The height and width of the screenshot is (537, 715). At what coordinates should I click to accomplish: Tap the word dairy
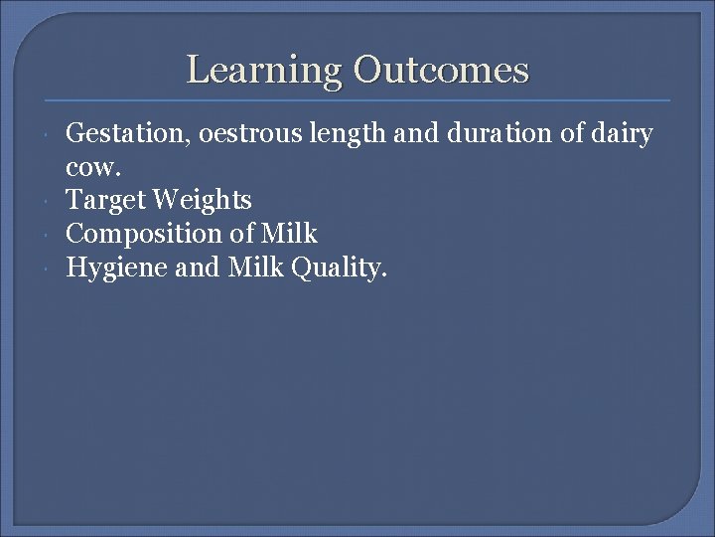[x=619, y=134]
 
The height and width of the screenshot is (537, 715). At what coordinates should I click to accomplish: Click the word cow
[x=87, y=167]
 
